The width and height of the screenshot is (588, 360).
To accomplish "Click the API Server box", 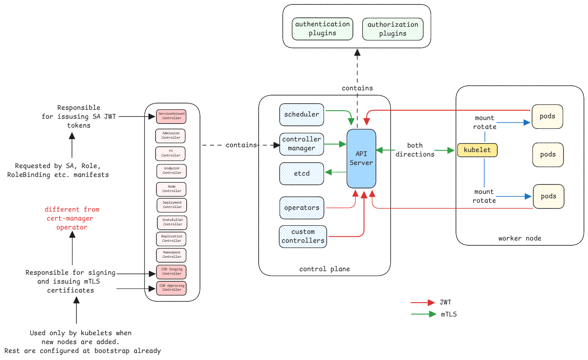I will [x=361, y=158].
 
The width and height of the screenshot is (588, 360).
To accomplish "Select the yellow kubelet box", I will [x=477, y=150].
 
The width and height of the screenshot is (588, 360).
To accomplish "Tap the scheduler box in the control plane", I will [x=302, y=114].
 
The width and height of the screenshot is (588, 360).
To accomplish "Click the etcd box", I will [x=302, y=173].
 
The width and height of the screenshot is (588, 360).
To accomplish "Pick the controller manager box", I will [x=302, y=144].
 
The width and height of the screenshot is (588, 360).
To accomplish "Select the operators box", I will [x=302, y=208].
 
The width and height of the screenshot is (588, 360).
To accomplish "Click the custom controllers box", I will [x=303, y=236].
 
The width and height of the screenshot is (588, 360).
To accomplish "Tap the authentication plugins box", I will [x=322, y=29].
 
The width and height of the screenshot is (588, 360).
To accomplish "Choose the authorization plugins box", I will [x=393, y=29].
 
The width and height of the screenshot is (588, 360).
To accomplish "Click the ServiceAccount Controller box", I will [x=171, y=116].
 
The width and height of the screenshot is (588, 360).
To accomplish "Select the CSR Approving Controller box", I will [x=171, y=288].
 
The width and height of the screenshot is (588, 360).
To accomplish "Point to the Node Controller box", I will [x=171, y=189].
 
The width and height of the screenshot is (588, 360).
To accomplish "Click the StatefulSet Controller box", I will [x=172, y=222].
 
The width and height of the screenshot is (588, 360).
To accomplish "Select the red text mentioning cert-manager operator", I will [x=72, y=218].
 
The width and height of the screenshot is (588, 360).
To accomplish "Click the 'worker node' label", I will [x=520, y=238].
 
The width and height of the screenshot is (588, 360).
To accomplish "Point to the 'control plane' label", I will [x=324, y=269].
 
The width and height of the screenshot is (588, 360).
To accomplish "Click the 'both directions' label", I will [x=415, y=150].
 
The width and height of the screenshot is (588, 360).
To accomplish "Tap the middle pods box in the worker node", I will [x=548, y=155].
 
